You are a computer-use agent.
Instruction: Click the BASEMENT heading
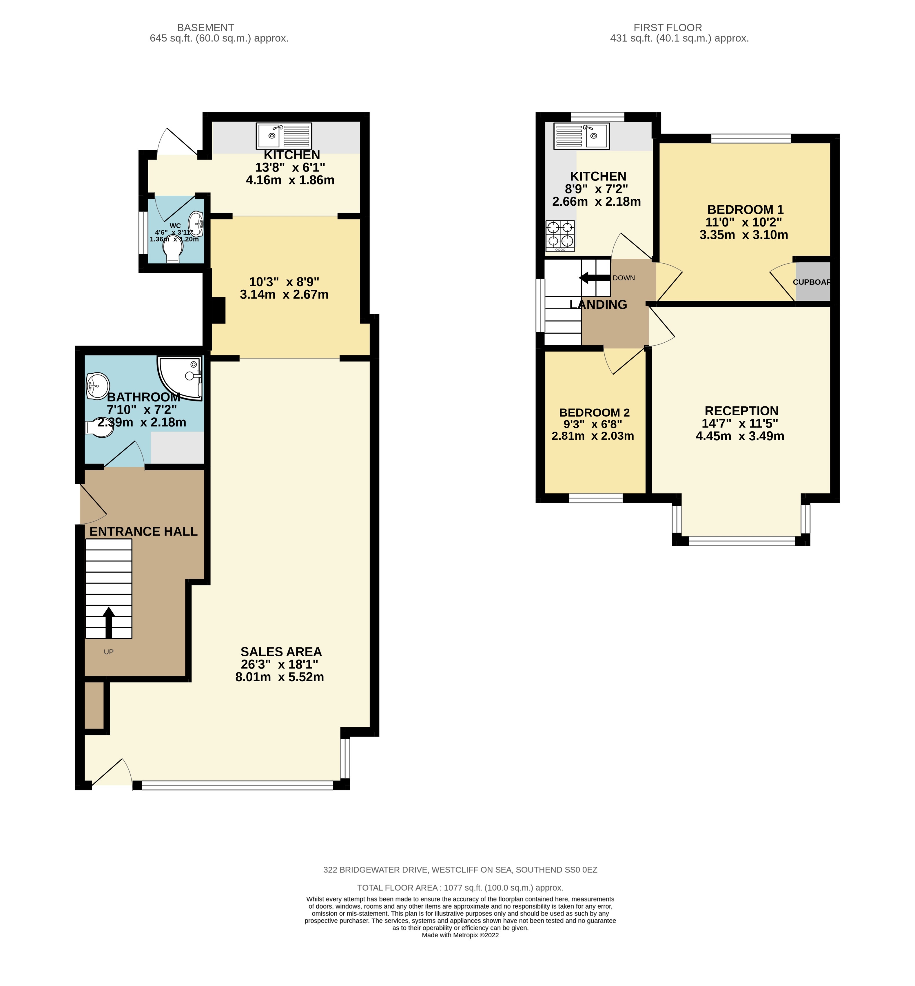coord(205,28)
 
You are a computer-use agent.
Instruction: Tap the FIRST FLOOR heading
coord(668,28)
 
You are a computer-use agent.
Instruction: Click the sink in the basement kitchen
coord(284,136)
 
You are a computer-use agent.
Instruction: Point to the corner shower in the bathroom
coord(181,378)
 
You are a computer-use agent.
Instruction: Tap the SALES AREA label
coord(281,651)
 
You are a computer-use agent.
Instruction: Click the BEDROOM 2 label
coord(594,412)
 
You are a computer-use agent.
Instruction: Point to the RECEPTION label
coord(741,411)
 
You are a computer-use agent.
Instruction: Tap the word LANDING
coord(598,304)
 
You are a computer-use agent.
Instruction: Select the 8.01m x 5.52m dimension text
coord(280,677)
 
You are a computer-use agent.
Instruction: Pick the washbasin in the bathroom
coord(98,385)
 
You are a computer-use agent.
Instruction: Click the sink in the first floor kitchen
coord(582,136)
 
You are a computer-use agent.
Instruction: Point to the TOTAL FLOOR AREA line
coord(460,888)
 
